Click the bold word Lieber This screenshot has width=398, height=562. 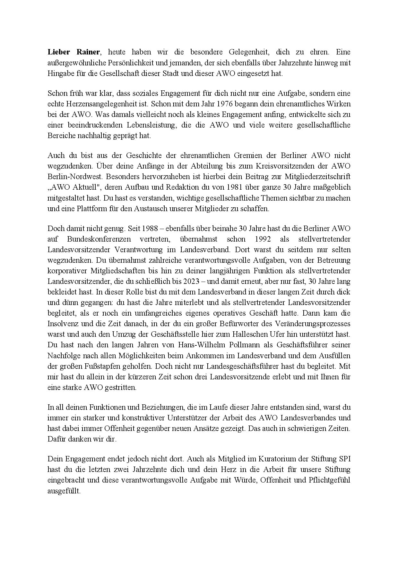coord(58,52)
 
